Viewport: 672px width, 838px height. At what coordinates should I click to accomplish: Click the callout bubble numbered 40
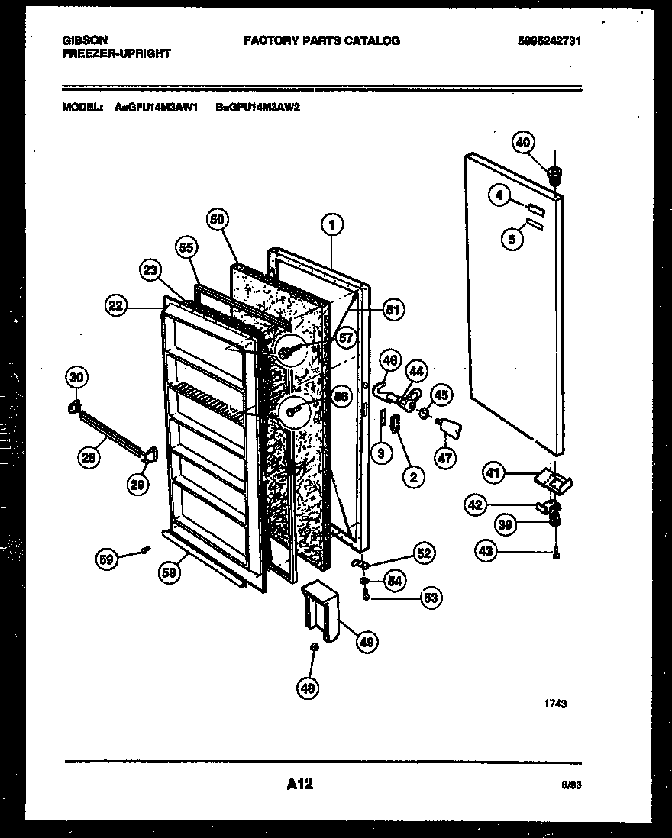click(x=522, y=143)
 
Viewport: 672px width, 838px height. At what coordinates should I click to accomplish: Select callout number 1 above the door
click(x=331, y=224)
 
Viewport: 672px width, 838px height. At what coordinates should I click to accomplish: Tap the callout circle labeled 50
click(x=218, y=219)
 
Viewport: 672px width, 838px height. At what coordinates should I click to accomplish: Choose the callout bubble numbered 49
click(x=367, y=642)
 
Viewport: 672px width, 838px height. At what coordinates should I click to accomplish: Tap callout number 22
click(x=115, y=306)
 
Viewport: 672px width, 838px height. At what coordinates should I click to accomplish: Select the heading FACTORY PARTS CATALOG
click(x=321, y=40)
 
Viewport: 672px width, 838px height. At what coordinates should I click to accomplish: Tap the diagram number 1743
click(x=556, y=704)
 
